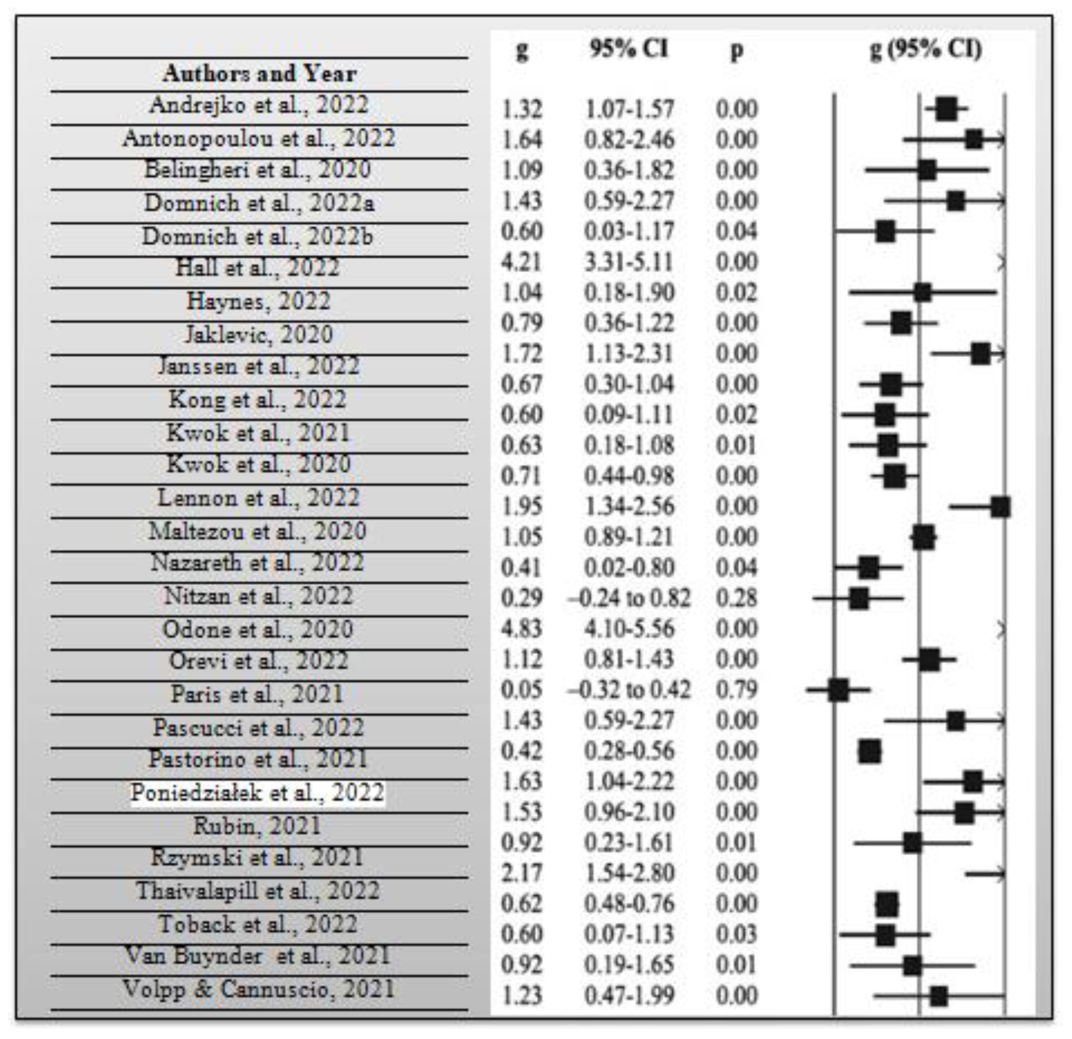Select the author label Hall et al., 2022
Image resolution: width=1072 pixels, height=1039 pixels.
[258, 268]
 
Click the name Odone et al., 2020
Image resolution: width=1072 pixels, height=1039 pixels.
[258, 629]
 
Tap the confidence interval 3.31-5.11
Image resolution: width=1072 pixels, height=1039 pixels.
[629, 262]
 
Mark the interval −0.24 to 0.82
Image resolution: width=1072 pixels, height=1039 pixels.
[629, 598]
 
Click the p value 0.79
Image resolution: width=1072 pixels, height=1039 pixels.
[736, 689]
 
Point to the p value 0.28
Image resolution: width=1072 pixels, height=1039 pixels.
[736, 598]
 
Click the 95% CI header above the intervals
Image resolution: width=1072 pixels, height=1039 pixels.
[629, 49]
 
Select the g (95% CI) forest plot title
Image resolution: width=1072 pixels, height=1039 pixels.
[926, 49]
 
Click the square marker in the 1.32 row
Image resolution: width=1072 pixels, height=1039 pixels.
[946, 109]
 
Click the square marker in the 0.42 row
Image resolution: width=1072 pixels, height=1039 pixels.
[869, 751]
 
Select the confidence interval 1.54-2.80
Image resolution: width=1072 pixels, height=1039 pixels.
[629, 873]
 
